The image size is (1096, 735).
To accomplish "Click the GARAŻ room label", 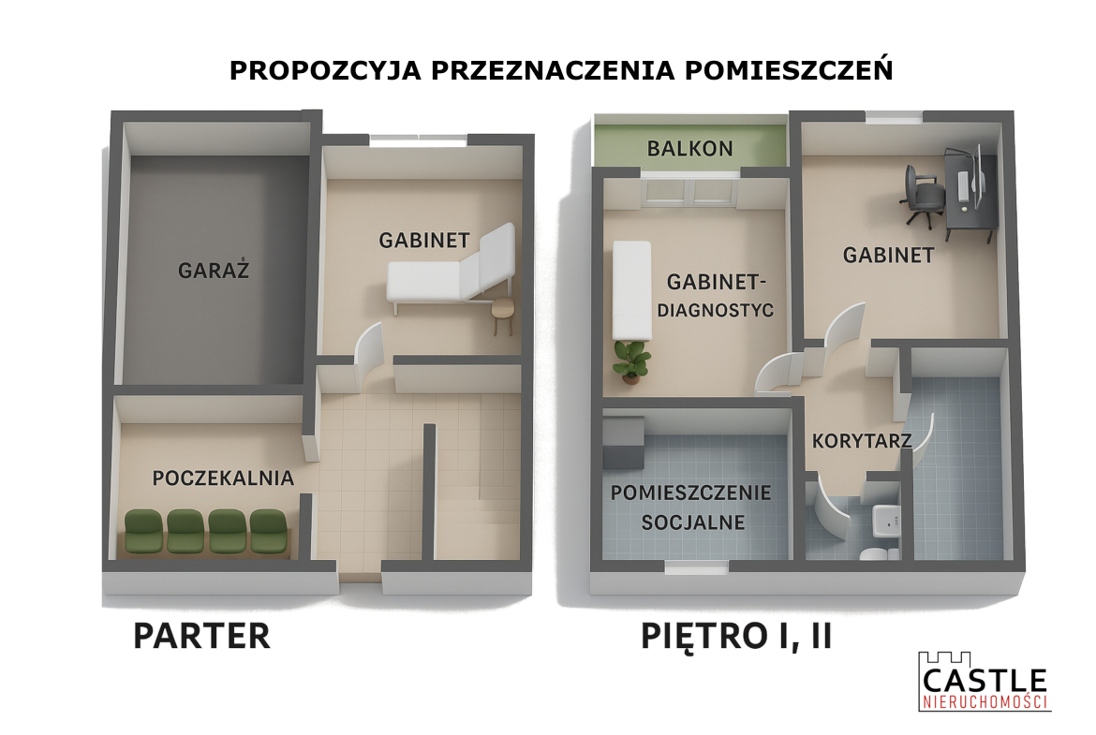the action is click(x=214, y=270).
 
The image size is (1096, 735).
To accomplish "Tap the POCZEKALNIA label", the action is click(x=223, y=478).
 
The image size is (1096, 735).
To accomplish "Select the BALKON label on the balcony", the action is click(x=689, y=148).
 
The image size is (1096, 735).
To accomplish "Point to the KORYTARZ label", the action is click(x=862, y=441).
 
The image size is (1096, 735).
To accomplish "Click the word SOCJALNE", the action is click(x=693, y=522).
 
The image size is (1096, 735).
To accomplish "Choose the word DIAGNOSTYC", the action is click(x=715, y=310).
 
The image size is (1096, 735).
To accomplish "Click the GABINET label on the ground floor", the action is click(x=424, y=241).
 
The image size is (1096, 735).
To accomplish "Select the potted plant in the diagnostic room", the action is click(x=632, y=362).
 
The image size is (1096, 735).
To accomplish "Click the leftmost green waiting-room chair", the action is click(x=144, y=531).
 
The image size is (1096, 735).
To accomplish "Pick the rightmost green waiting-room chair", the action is click(x=269, y=531).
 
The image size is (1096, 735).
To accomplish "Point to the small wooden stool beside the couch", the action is click(x=502, y=316).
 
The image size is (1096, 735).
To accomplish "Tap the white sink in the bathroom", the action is click(x=885, y=520).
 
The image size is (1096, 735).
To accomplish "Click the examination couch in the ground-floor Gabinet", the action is click(x=452, y=269).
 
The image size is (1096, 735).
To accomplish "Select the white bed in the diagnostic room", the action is click(x=632, y=290).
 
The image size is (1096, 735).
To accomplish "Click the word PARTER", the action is click(x=201, y=636).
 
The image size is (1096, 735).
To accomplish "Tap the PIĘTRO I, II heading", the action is click(x=736, y=637).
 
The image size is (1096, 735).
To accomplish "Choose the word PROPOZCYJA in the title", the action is click(x=326, y=70).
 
